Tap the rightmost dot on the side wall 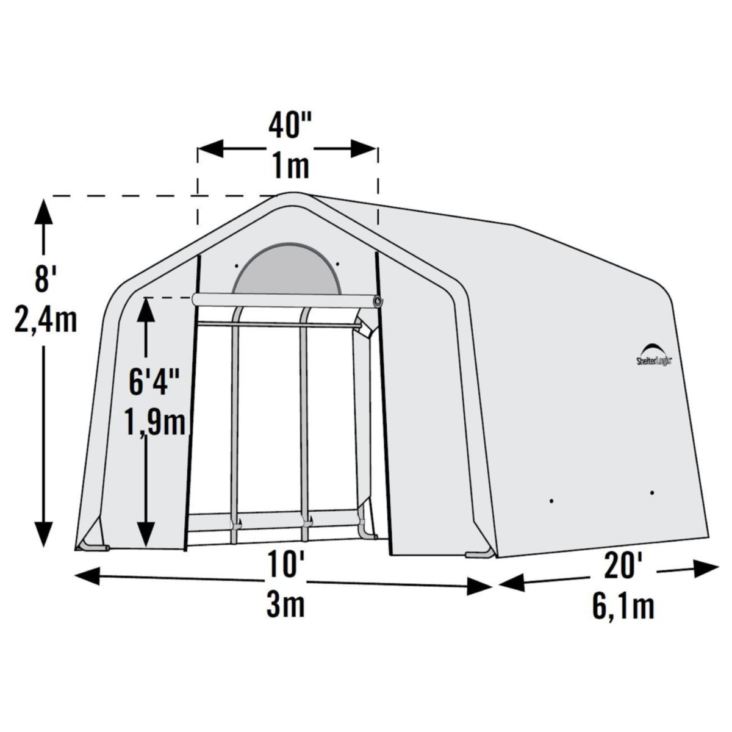[652, 492]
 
